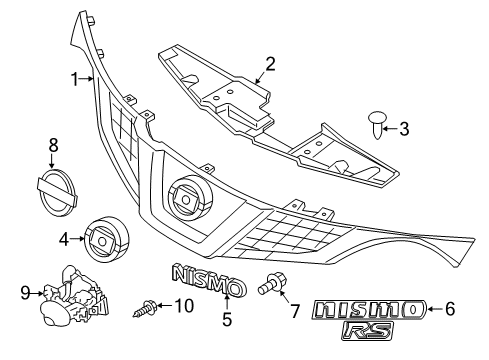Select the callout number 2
269,67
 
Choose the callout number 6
449,309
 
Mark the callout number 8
53,146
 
